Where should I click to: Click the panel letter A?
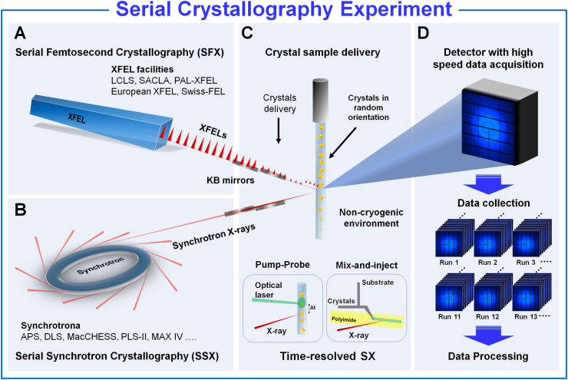pyautogui.click(x=20, y=33)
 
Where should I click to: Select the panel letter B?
pyautogui.click(x=20, y=210)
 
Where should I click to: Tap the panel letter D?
pyautogui.click(x=423, y=33)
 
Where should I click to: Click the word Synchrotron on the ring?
pyautogui.click(x=101, y=265)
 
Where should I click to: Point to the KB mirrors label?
pyautogui.click(x=230, y=180)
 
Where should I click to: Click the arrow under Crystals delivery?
pyautogui.click(x=279, y=130)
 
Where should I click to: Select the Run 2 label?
pyautogui.click(x=487, y=263)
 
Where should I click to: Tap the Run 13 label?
pyautogui.click(x=526, y=316)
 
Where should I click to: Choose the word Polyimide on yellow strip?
pyautogui.click(x=344, y=319)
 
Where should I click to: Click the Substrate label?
pyautogui.click(x=378, y=283)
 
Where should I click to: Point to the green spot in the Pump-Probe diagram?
pyautogui.click(x=302, y=302)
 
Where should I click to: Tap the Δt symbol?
pyautogui.click(x=312, y=308)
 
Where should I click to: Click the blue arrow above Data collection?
pyautogui.click(x=488, y=185)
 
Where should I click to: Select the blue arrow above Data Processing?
pyautogui.click(x=488, y=335)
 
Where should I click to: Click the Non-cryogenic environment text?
pyautogui.click(x=372, y=218)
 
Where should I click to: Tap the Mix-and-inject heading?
pyautogui.click(x=367, y=265)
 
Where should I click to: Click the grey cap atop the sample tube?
pyautogui.click(x=321, y=101)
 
